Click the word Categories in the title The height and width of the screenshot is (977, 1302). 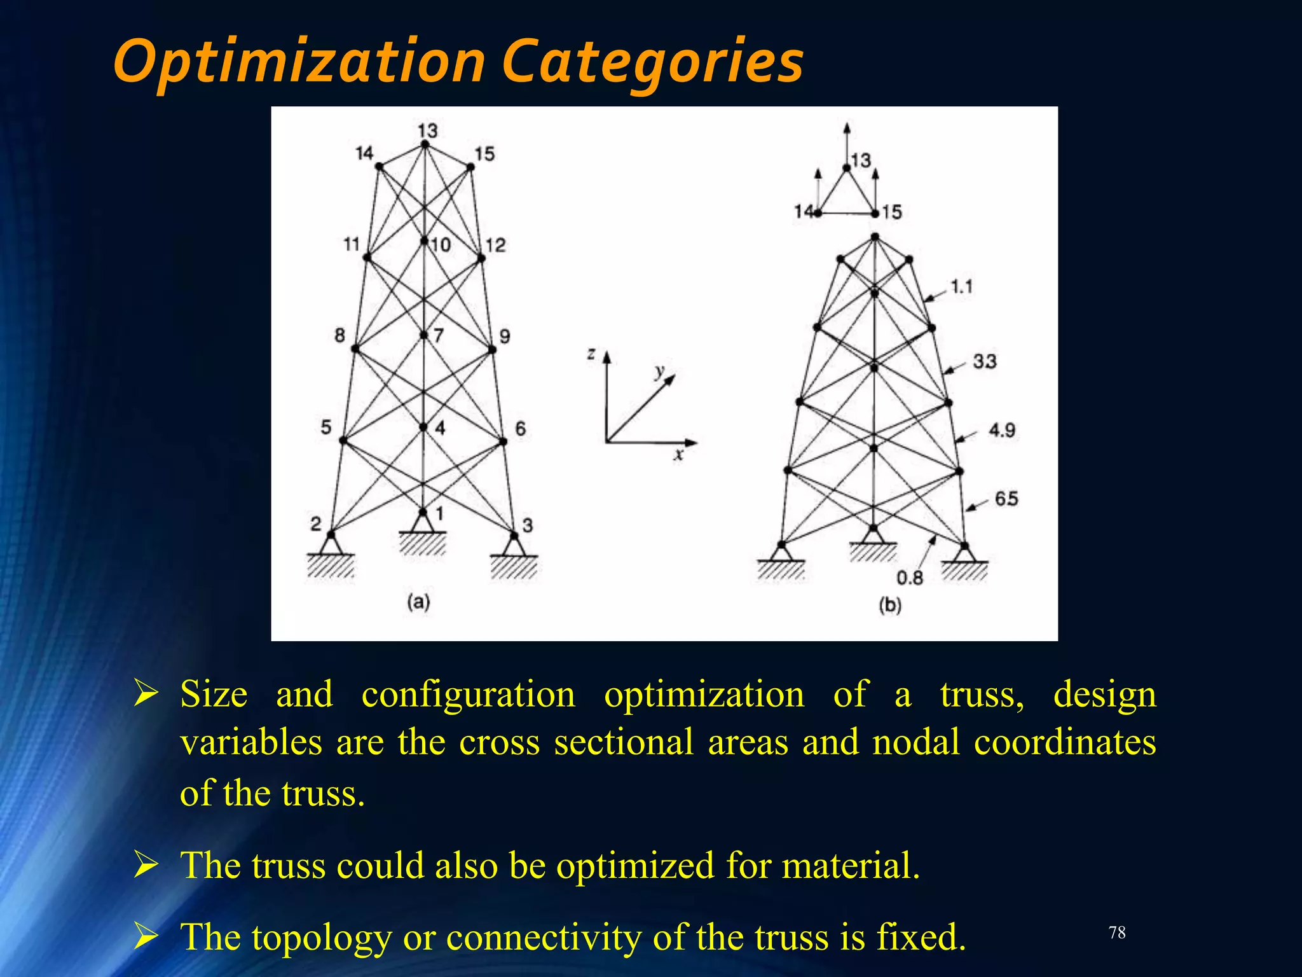tap(653, 62)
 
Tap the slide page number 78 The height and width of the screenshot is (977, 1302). tap(1117, 932)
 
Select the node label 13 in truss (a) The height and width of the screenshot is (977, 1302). tap(428, 130)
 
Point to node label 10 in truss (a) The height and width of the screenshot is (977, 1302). tap(440, 244)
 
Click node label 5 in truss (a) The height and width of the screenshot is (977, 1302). tap(325, 427)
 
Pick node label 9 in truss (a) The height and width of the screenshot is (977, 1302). tap(505, 336)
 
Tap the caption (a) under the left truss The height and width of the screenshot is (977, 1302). tap(418, 601)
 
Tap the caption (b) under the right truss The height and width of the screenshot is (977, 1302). tap(890, 605)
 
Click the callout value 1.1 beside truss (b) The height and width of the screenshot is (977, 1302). tap(962, 287)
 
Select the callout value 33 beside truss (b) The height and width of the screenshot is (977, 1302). tap(984, 361)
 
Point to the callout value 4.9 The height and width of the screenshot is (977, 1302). tap(1002, 431)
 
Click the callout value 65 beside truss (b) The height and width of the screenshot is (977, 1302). tap(1006, 498)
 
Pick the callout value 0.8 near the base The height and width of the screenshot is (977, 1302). tap(910, 578)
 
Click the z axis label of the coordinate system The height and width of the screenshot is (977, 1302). tap(591, 354)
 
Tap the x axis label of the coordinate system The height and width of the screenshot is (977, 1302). tap(679, 454)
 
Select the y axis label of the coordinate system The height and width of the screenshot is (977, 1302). tap(660, 371)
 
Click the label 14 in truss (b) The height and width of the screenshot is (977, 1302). tap(803, 211)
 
